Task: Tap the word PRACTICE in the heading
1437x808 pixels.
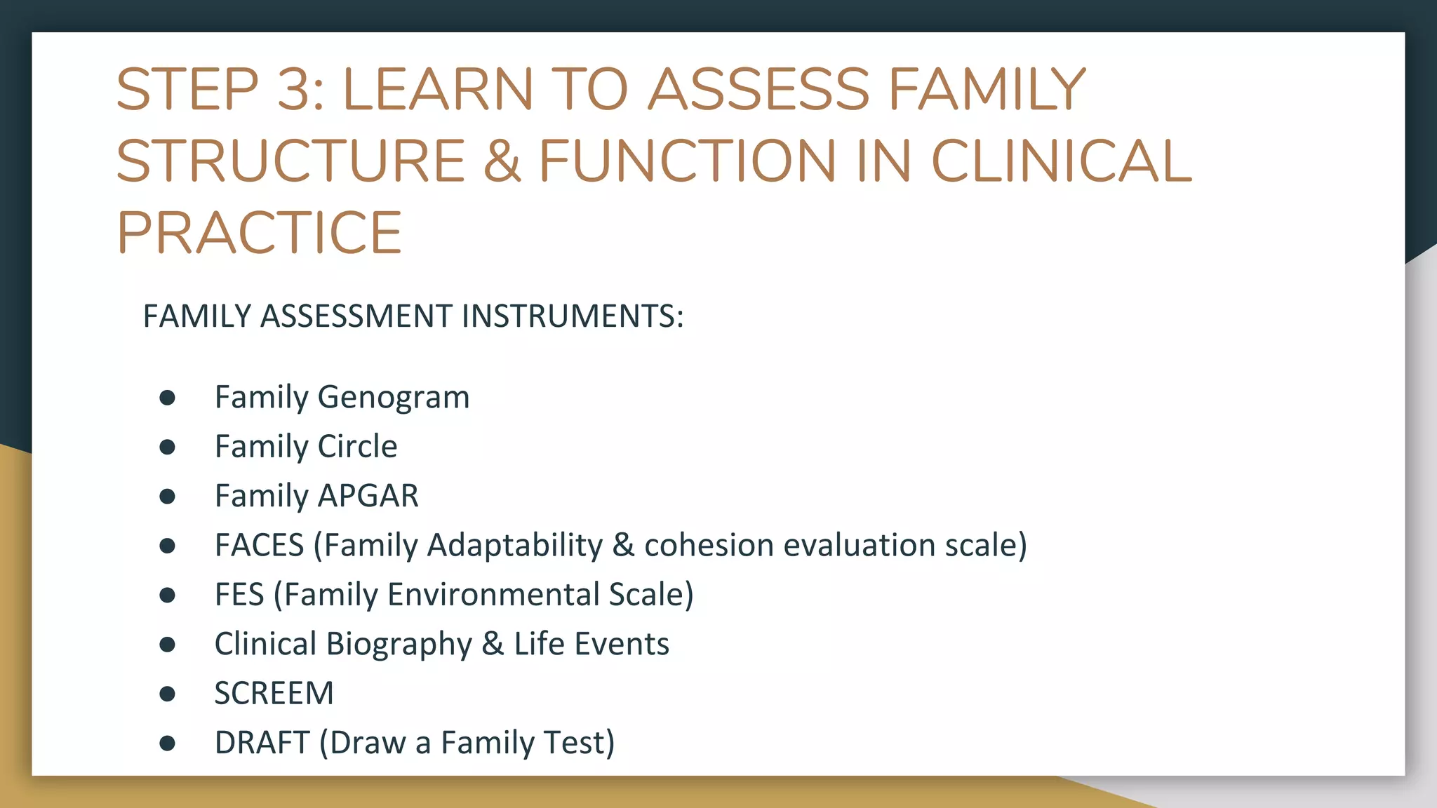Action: click(x=259, y=233)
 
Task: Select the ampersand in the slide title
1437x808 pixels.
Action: click(x=502, y=161)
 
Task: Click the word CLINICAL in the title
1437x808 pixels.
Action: click(x=1060, y=161)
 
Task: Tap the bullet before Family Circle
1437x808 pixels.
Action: click(x=167, y=447)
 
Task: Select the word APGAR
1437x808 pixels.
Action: click(x=368, y=496)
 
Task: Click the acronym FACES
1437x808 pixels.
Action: click(x=259, y=546)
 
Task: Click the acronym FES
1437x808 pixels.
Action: click(x=239, y=595)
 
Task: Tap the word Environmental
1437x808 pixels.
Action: click(x=493, y=595)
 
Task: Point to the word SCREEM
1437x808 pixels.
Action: click(x=274, y=694)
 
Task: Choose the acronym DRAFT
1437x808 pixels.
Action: click(x=262, y=743)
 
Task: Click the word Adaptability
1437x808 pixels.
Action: click(x=514, y=546)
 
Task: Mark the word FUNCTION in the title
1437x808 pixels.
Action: click(x=687, y=161)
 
